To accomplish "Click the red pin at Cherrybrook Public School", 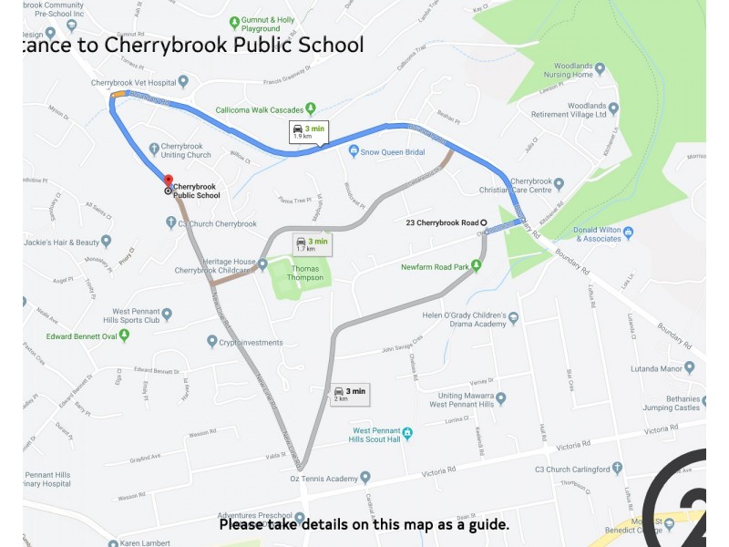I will tap(168, 180).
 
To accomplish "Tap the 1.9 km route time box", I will tap(309, 132).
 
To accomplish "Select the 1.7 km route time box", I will tap(311, 243).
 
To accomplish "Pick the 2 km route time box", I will tap(350, 393).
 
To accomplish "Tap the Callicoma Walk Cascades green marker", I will tap(311, 108).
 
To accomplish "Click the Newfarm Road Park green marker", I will tap(475, 266).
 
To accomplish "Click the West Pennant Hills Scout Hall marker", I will tap(407, 432).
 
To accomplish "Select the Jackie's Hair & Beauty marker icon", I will tap(107, 242).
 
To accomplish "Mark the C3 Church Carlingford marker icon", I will tap(618, 468).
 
